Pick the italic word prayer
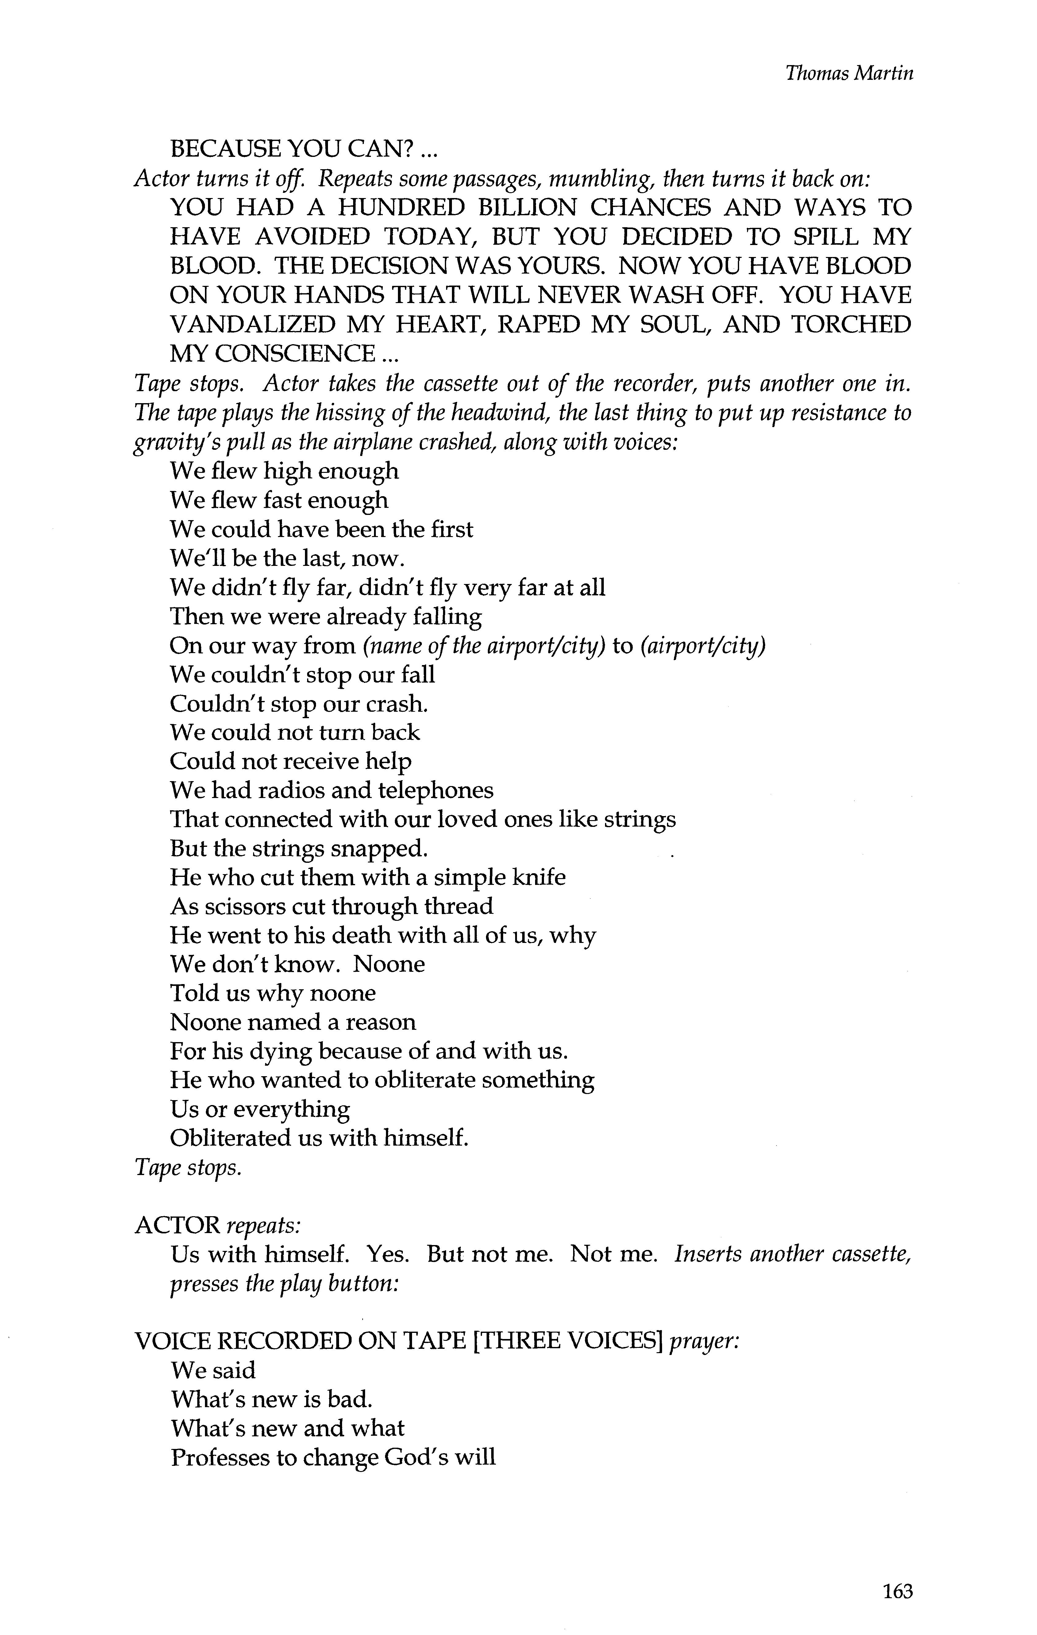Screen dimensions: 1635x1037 pos(703,1342)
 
